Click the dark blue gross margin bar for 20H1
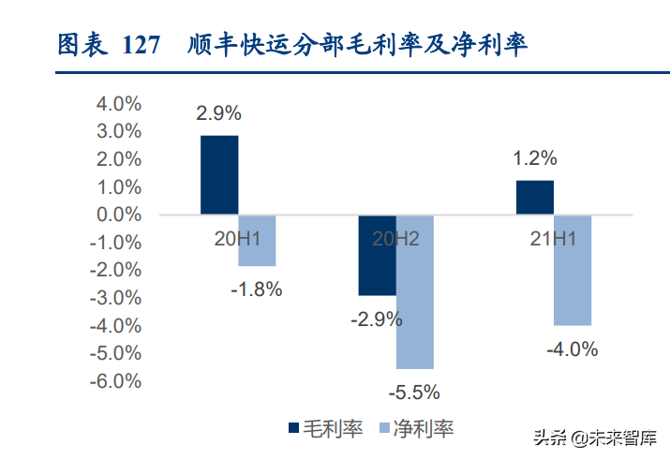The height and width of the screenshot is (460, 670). click(x=219, y=175)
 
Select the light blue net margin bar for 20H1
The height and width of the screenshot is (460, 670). click(x=257, y=240)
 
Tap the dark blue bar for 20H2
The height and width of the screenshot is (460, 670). click(x=377, y=255)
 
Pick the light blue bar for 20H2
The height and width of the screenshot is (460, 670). click(x=414, y=291)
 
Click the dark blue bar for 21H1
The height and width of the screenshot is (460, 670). click(x=534, y=198)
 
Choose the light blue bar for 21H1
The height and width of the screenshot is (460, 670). click(x=572, y=270)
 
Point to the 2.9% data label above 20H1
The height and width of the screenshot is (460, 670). click(x=218, y=113)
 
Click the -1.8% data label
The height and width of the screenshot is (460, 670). click(x=256, y=289)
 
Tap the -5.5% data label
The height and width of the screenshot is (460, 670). click(x=413, y=392)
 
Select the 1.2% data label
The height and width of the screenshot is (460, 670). click(x=534, y=158)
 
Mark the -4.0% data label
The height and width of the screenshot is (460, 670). click(x=572, y=349)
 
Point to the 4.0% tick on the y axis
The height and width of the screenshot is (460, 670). click(x=119, y=104)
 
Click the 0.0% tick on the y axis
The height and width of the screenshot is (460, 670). click(x=119, y=215)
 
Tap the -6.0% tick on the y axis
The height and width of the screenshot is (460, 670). click(x=116, y=381)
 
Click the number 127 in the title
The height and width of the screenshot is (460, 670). click(x=141, y=45)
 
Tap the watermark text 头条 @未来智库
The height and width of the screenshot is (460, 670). click(x=594, y=438)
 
